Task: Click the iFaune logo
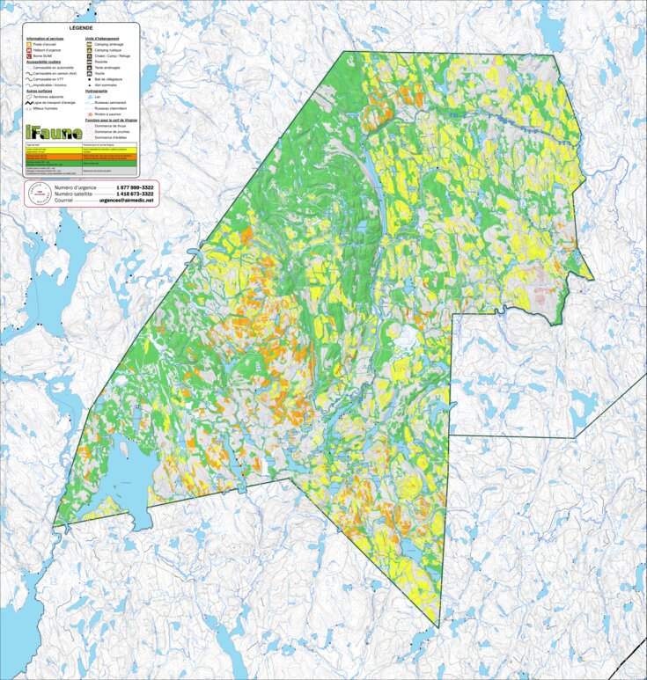coord(54,131)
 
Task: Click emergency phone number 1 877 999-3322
coord(135,188)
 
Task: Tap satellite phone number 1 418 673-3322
coord(135,194)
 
